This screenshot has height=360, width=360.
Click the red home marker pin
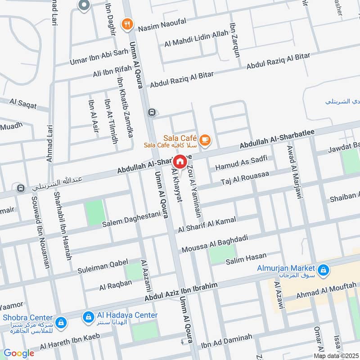tap(180, 162)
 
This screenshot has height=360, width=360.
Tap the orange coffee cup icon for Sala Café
tap(205, 140)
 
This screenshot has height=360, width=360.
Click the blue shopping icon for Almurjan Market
tap(323, 270)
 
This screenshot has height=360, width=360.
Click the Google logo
tap(19, 353)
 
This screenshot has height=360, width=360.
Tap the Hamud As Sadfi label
tap(241, 163)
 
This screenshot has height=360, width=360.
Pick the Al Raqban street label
tap(116, 285)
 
